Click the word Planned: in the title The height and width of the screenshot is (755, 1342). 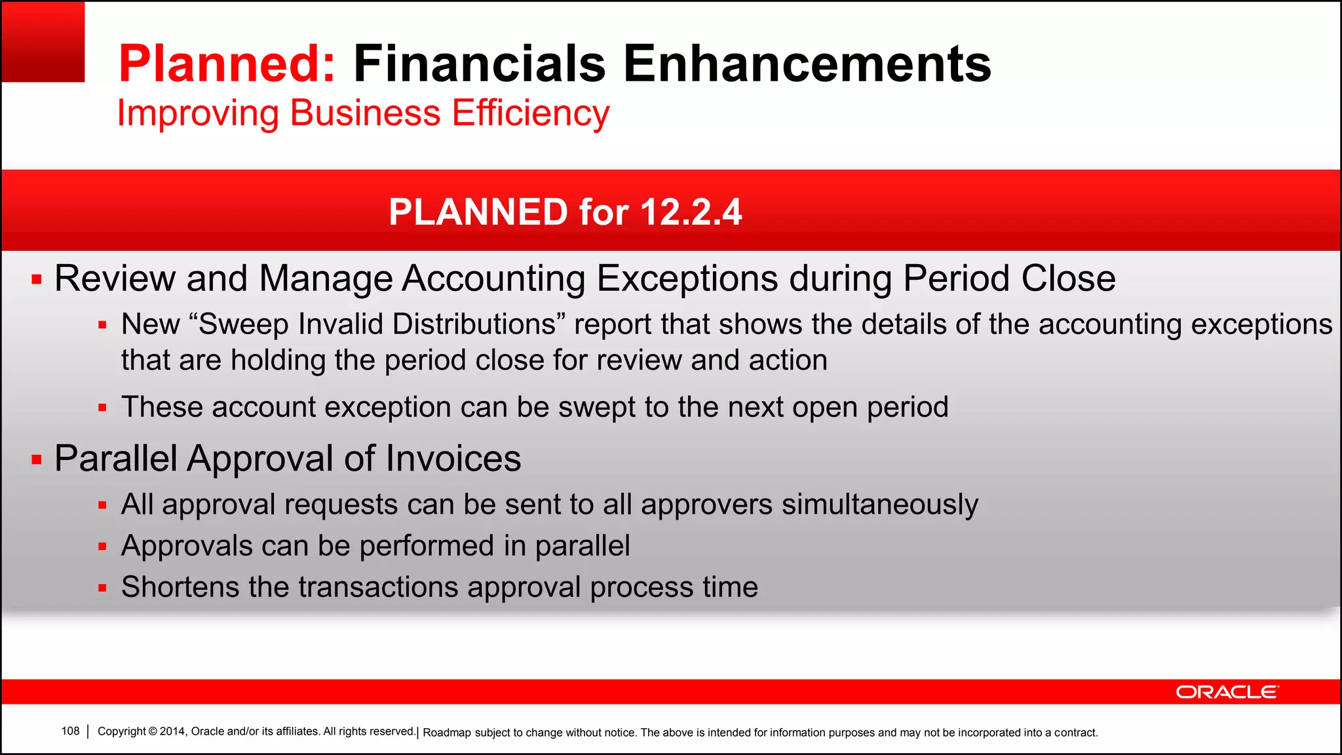227,64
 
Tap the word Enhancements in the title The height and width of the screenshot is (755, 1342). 807,64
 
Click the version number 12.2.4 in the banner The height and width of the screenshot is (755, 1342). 691,212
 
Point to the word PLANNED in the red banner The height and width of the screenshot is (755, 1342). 478,212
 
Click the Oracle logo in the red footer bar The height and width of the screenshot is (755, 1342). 1227,692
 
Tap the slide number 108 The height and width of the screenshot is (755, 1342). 70,731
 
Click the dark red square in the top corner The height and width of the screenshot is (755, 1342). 43,41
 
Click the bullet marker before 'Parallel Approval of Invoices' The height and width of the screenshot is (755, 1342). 37,460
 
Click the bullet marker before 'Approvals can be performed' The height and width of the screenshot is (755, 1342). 102,547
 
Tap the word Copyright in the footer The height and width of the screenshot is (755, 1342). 122,731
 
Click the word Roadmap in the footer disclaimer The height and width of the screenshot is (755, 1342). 447,733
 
